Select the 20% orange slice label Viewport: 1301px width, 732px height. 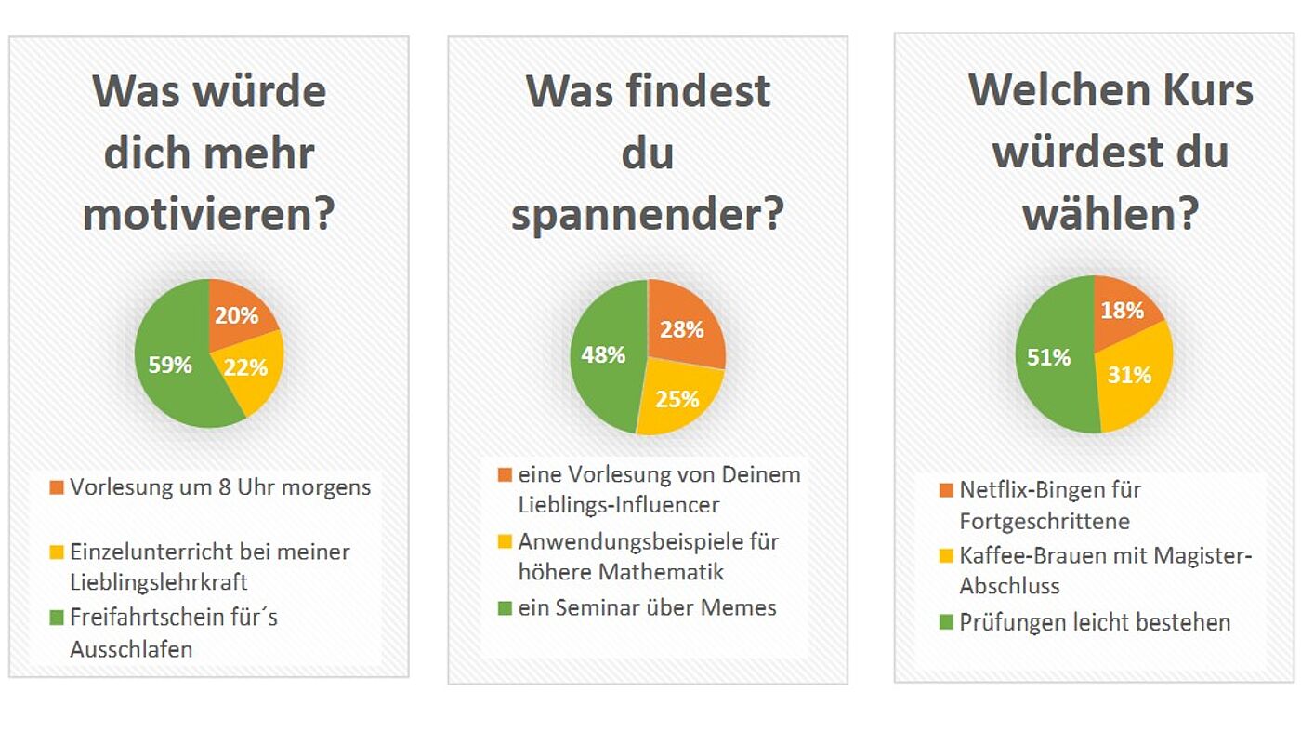coord(236,315)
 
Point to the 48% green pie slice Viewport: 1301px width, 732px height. coord(604,354)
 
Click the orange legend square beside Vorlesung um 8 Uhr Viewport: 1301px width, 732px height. coord(57,487)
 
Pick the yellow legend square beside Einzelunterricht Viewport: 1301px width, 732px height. coord(57,552)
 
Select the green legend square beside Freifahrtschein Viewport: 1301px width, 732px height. coord(57,617)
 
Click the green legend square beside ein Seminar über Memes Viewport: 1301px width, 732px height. coord(505,608)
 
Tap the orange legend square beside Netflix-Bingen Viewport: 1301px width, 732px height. coord(946,490)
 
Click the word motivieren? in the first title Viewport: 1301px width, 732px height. coord(209,215)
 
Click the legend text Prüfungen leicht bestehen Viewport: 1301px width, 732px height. coord(1095,622)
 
